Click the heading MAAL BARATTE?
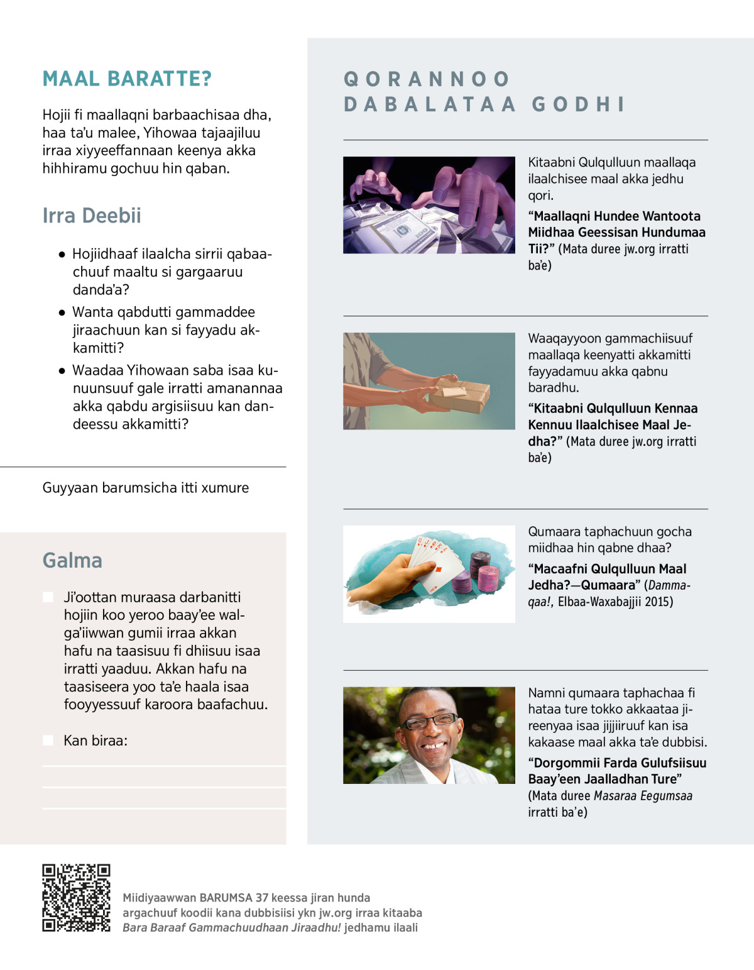coord(127,79)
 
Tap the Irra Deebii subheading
coord(92,216)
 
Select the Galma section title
coord(72,560)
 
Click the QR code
coord(76,898)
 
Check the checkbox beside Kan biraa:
coord(48,741)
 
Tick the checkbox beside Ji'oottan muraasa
coord(48,597)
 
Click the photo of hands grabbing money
coord(429,205)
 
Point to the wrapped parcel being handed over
coord(459,395)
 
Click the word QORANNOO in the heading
coord(427,79)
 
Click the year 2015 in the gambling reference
coord(658,602)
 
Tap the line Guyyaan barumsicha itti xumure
coord(145,488)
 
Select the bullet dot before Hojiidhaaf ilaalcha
coord(62,255)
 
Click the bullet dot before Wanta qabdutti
coord(62,312)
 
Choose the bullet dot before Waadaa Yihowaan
coord(62,370)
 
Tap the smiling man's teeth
coord(434,746)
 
